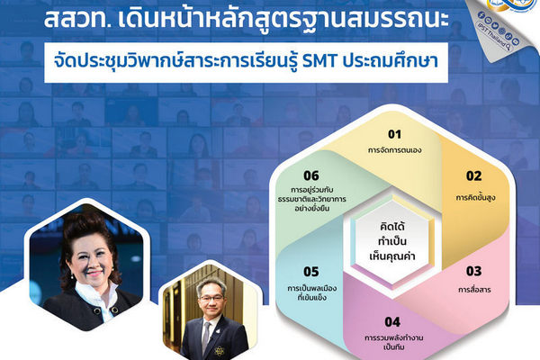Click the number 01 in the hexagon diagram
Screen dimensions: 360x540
[369, 134]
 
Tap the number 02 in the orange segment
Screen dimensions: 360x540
[473, 175]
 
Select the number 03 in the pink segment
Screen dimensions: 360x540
[473, 271]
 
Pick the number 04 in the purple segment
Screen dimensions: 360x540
[366, 322]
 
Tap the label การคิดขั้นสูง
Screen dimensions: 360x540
[473, 193]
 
